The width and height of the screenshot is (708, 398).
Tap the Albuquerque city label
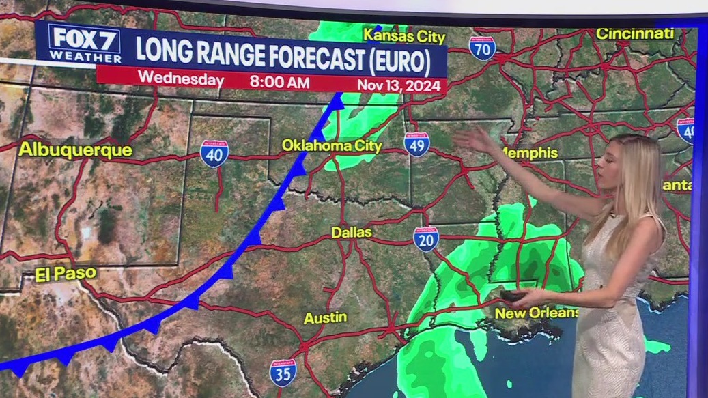click(75, 150)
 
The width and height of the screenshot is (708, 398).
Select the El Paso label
click(66, 274)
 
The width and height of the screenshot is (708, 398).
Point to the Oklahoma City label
click(332, 145)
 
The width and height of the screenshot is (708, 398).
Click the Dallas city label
click(352, 233)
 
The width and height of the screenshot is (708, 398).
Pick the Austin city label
click(325, 317)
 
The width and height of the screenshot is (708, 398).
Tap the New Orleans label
click(537, 313)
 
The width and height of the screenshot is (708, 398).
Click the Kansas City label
click(404, 35)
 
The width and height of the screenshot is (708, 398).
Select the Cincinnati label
click(634, 33)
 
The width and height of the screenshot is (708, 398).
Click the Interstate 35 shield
click(283, 373)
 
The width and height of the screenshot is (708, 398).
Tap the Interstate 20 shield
click(425, 240)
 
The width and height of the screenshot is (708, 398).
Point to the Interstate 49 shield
click(416, 145)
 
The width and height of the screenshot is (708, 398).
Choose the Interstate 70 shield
click(482, 48)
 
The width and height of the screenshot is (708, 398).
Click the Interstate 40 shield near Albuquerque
click(214, 154)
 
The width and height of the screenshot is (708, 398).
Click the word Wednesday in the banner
click(181, 79)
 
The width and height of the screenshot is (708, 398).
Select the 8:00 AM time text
click(279, 83)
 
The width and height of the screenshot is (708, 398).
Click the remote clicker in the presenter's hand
click(513, 296)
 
